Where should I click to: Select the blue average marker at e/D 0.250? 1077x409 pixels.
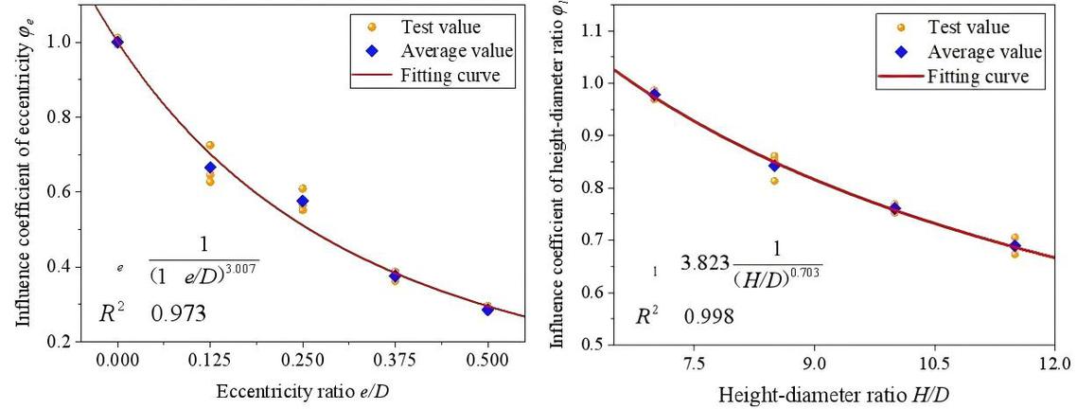tap(303, 201)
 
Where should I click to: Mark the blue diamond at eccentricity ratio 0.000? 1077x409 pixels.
tap(117, 42)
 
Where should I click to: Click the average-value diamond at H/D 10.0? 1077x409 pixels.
tap(894, 208)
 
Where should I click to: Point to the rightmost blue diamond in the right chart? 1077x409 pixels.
tap(1015, 246)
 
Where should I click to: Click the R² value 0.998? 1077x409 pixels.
tap(710, 315)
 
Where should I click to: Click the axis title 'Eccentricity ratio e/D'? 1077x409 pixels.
tap(301, 391)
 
